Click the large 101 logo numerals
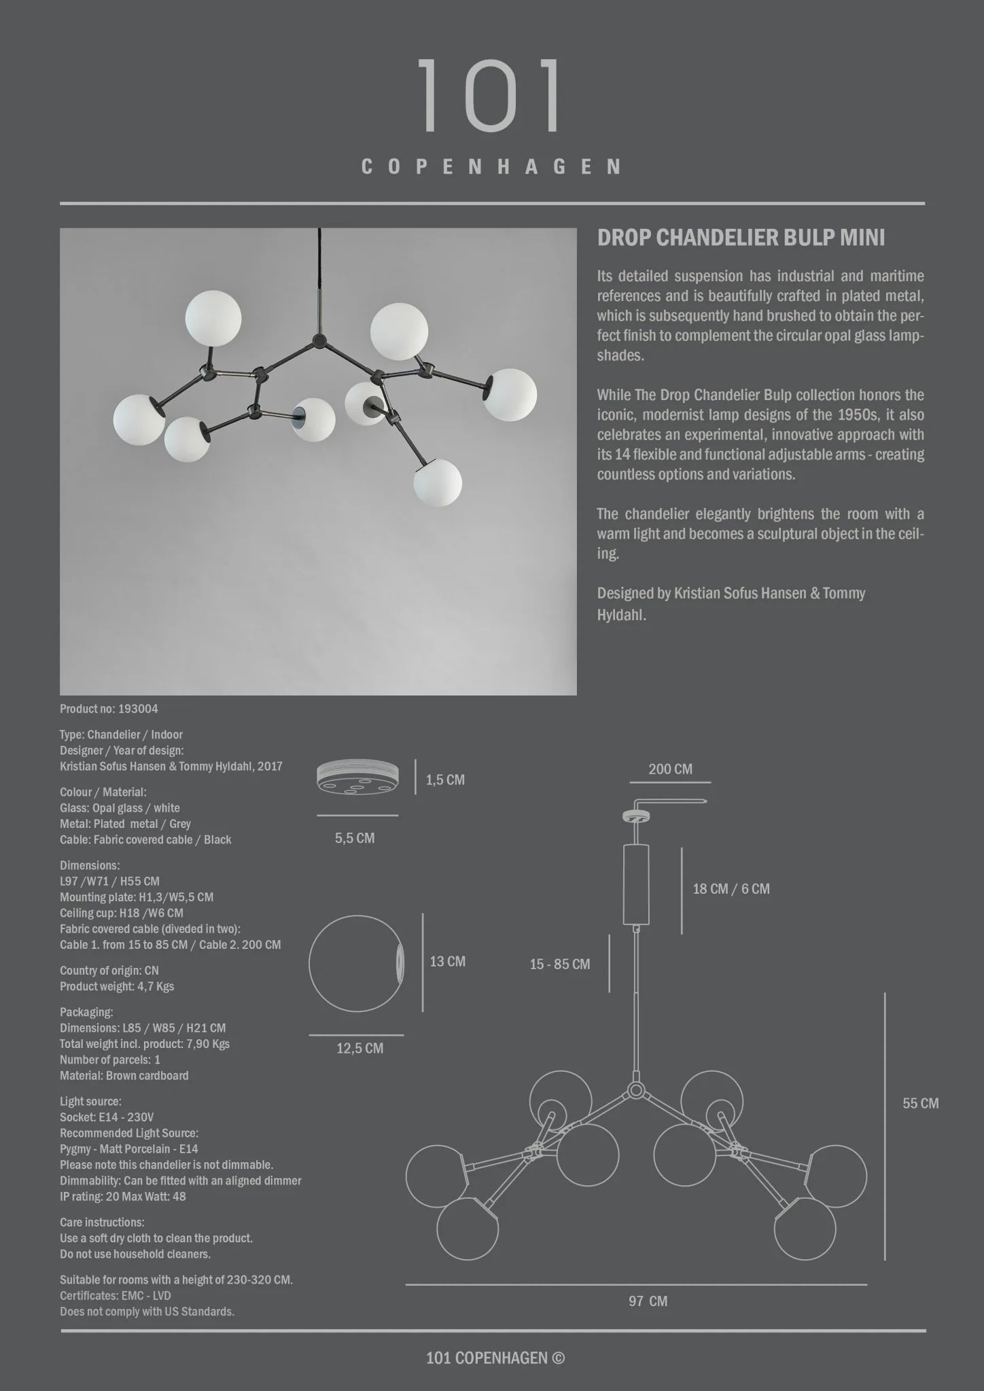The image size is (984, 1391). click(x=490, y=96)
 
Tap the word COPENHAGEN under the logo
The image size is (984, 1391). click(x=491, y=167)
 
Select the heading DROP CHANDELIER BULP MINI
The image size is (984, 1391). click(x=741, y=238)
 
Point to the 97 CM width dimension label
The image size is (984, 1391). click(x=648, y=1301)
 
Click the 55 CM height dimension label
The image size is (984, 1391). click(x=920, y=1103)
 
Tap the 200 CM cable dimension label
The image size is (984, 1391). click(x=670, y=769)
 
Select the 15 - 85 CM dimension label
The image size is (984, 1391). click(x=560, y=964)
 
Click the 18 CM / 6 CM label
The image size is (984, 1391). click(x=731, y=888)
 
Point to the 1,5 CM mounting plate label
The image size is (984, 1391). click(x=445, y=780)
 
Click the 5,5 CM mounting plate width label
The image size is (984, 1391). click(x=355, y=838)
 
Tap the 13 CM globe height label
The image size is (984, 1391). click(x=447, y=961)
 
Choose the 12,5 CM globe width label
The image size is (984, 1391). click(x=360, y=1048)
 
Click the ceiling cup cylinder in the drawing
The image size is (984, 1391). click(x=636, y=884)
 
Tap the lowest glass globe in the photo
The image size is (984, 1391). click(x=438, y=483)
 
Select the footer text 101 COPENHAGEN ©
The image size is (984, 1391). click(x=495, y=1358)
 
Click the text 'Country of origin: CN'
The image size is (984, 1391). click(x=109, y=971)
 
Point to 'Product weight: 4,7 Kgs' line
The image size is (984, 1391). click(x=117, y=986)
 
